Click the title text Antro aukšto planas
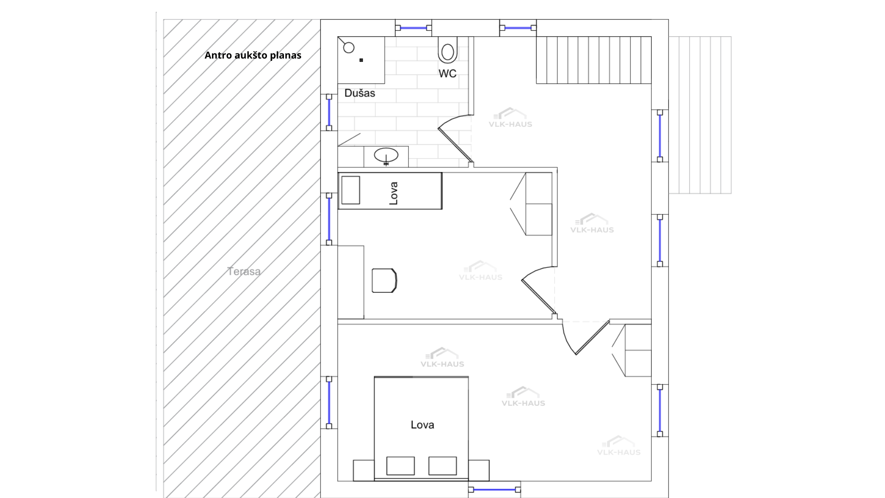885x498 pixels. point(253,55)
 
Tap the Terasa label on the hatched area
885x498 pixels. point(244,272)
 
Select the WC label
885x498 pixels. point(447,73)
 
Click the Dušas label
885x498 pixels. point(360,93)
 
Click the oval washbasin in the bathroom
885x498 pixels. point(386,155)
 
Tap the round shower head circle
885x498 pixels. point(349,47)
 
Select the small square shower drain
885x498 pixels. point(361,60)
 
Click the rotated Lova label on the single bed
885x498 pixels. point(393,193)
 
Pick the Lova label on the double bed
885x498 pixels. point(422,425)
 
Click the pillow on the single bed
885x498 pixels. point(350,190)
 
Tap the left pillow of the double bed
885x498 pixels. point(400,466)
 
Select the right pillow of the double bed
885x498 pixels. point(442,466)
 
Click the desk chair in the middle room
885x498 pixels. point(384,280)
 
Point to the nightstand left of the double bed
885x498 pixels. point(364,470)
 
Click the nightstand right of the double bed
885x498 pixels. point(479,470)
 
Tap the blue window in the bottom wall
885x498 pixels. point(495,489)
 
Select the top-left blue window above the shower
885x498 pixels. point(413,28)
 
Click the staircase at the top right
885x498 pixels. point(594,60)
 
